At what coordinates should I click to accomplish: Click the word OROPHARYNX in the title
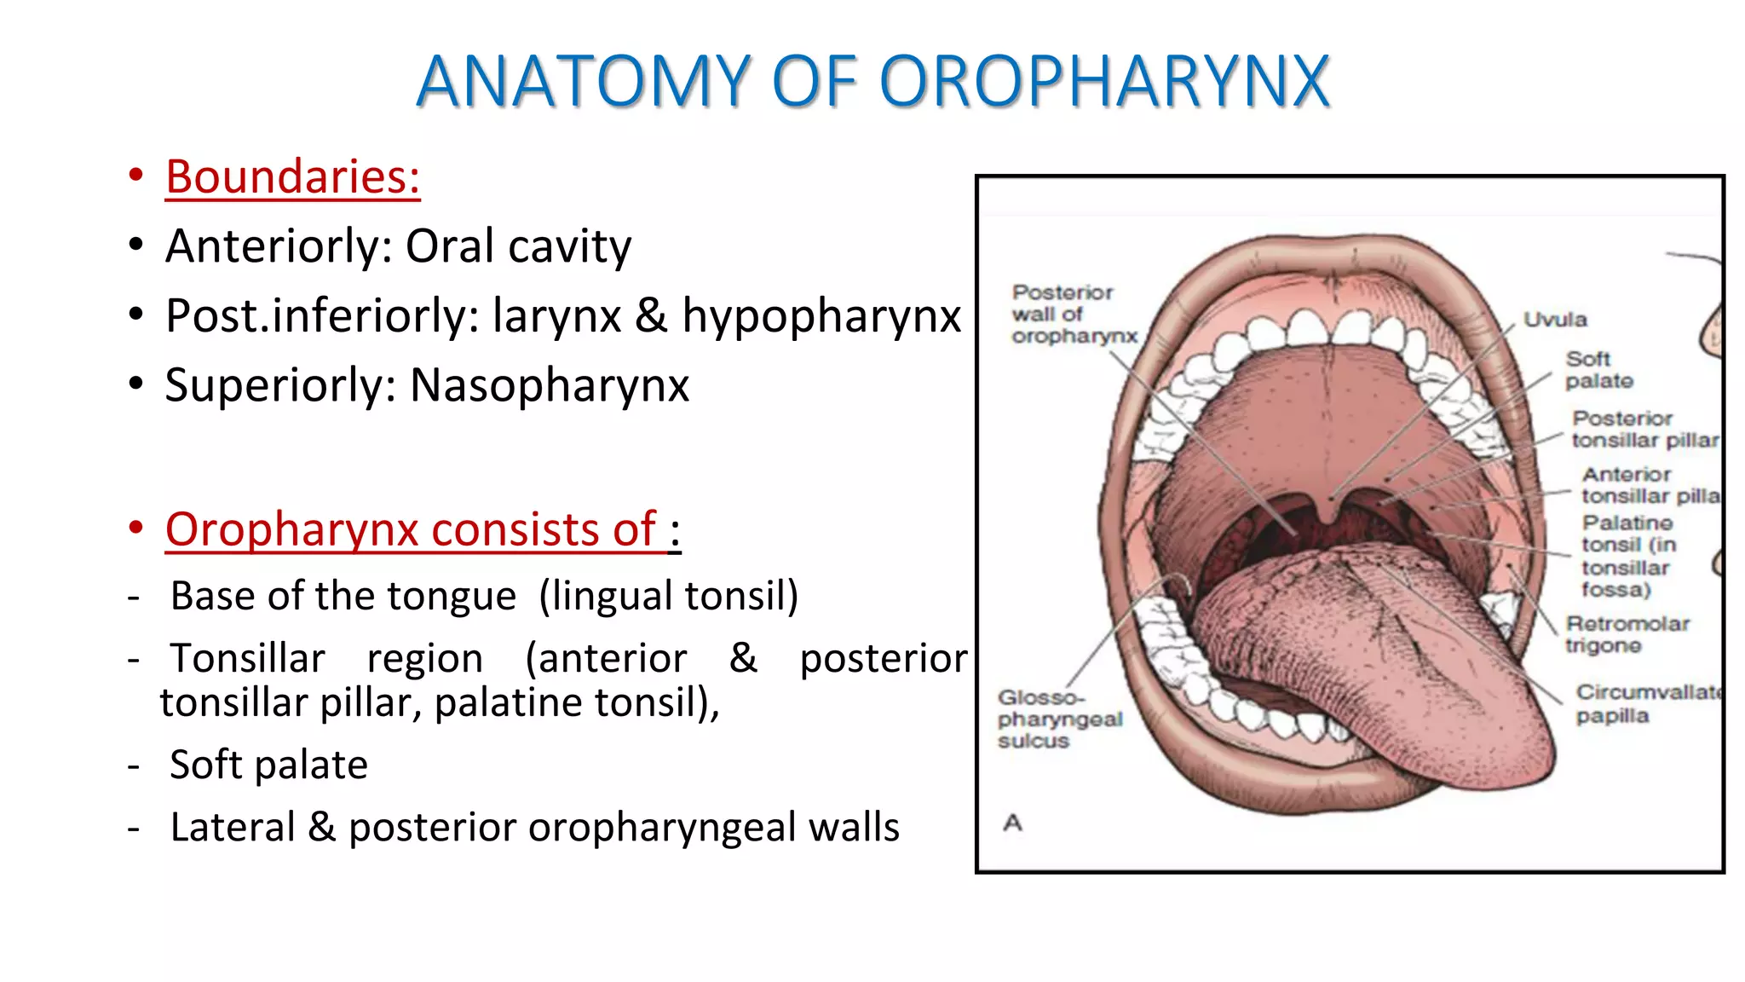[1103, 82]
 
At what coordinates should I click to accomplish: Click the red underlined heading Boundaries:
[292, 177]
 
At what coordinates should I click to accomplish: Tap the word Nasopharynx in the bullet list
[550, 385]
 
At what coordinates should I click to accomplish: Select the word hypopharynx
[821, 316]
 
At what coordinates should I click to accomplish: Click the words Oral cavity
[518, 247]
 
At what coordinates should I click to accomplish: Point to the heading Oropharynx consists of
[411, 529]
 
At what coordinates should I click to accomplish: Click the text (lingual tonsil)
[668, 596]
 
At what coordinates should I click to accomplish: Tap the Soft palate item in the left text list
[268, 765]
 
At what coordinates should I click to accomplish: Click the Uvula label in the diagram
[1555, 321]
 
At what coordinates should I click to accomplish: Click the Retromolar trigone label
[1626, 634]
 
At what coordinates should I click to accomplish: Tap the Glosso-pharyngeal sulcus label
[1059, 719]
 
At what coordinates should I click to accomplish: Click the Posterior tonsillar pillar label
[1644, 430]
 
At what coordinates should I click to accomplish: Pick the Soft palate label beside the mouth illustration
[1598, 370]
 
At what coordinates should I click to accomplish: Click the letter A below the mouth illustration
[1012, 823]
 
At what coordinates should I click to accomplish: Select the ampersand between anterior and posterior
[743, 658]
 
